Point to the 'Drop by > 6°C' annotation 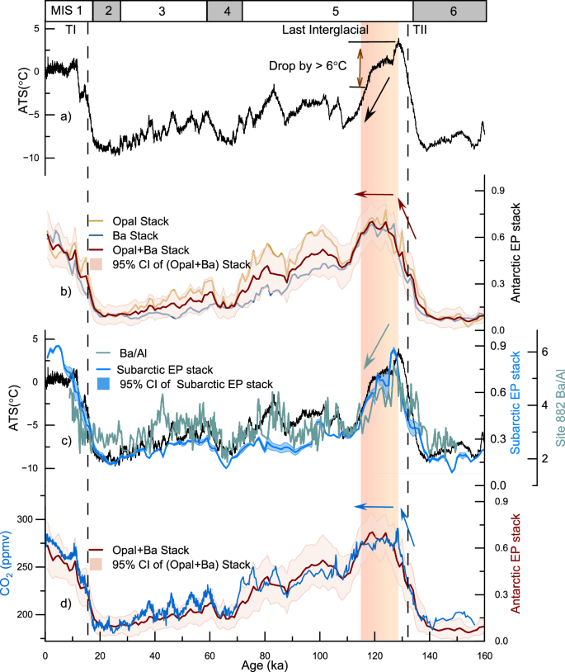pos(306,64)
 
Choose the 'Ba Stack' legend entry pos(120,235)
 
